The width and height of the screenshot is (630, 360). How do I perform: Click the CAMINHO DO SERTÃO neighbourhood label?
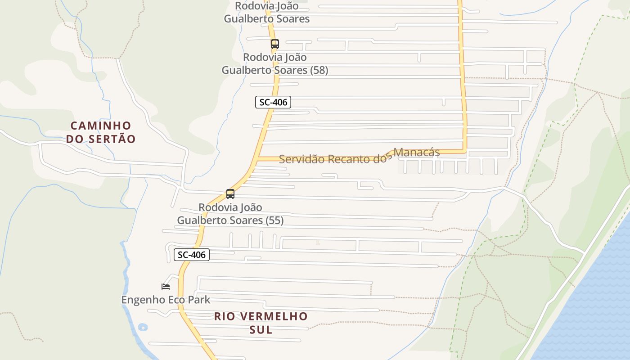click(100, 132)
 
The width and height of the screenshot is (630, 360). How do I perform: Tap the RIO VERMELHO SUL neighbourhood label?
click(261, 323)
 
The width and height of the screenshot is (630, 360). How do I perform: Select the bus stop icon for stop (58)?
click(275, 44)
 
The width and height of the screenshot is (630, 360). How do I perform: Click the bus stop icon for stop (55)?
click(230, 194)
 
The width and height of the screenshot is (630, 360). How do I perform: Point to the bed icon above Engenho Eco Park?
click(166, 286)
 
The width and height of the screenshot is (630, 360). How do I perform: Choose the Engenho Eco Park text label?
click(166, 299)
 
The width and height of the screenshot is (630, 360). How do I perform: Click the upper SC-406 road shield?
click(273, 102)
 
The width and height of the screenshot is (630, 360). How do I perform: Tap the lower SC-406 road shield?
click(192, 255)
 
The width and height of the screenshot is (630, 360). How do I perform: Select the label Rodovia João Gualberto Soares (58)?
click(274, 64)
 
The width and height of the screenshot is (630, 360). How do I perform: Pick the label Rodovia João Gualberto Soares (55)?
click(230, 214)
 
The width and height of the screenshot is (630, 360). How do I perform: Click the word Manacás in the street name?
click(417, 152)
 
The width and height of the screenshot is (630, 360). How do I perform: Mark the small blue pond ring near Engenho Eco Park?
click(143, 327)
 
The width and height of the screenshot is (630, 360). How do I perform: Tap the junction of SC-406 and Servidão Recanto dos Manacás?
click(258, 158)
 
